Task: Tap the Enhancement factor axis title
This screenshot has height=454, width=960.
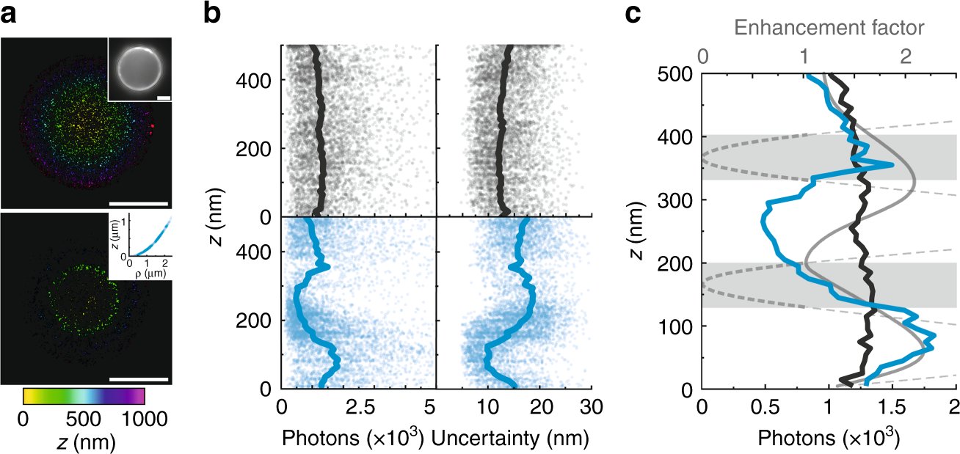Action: (x=829, y=29)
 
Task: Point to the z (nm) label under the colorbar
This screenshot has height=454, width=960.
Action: (x=82, y=442)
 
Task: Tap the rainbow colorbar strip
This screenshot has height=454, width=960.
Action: (x=84, y=396)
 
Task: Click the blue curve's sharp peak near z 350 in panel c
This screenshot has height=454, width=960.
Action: (x=892, y=165)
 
